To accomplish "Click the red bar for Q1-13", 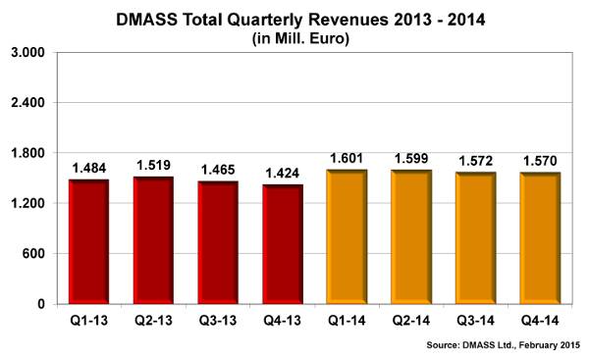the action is pyautogui.click(x=89, y=241).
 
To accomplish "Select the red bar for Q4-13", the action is pyautogui.click(x=283, y=244).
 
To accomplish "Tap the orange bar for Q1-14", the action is pyautogui.click(x=348, y=236).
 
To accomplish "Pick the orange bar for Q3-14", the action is pyautogui.click(x=476, y=238).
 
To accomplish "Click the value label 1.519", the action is pyautogui.click(x=153, y=165).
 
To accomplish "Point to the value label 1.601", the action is pyautogui.click(x=347, y=158).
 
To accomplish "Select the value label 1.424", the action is pyautogui.click(x=283, y=174).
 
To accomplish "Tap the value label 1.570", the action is pyautogui.click(x=540, y=161).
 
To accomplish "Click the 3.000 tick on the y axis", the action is pyautogui.click(x=27, y=52).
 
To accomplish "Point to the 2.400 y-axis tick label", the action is pyautogui.click(x=27, y=102).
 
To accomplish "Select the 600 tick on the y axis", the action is pyautogui.click(x=33, y=253).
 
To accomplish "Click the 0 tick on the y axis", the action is pyautogui.click(x=41, y=304).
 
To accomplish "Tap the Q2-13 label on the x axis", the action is pyautogui.click(x=154, y=321).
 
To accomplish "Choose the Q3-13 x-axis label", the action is pyautogui.click(x=218, y=321).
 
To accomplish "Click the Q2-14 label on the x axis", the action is pyautogui.click(x=411, y=321).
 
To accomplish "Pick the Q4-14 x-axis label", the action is pyautogui.click(x=540, y=321).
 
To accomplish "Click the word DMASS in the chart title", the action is pyautogui.click(x=146, y=20).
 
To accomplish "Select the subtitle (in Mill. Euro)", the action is pyautogui.click(x=301, y=38).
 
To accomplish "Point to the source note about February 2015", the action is pyautogui.click(x=504, y=345).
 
